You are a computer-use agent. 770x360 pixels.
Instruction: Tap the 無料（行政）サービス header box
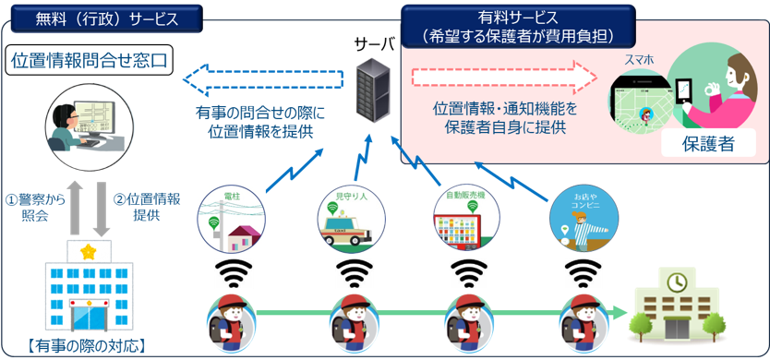point(104,18)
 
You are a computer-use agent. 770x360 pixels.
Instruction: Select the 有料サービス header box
point(518,27)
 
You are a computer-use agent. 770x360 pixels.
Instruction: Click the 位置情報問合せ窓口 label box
point(90,61)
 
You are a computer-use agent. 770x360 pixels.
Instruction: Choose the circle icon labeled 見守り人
point(349,217)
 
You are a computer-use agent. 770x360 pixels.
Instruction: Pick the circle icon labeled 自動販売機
point(466,217)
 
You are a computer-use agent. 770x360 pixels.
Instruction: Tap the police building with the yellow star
point(90,290)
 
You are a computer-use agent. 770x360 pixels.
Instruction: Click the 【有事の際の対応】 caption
point(88,348)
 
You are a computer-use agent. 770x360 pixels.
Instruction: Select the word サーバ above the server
point(374,43)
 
